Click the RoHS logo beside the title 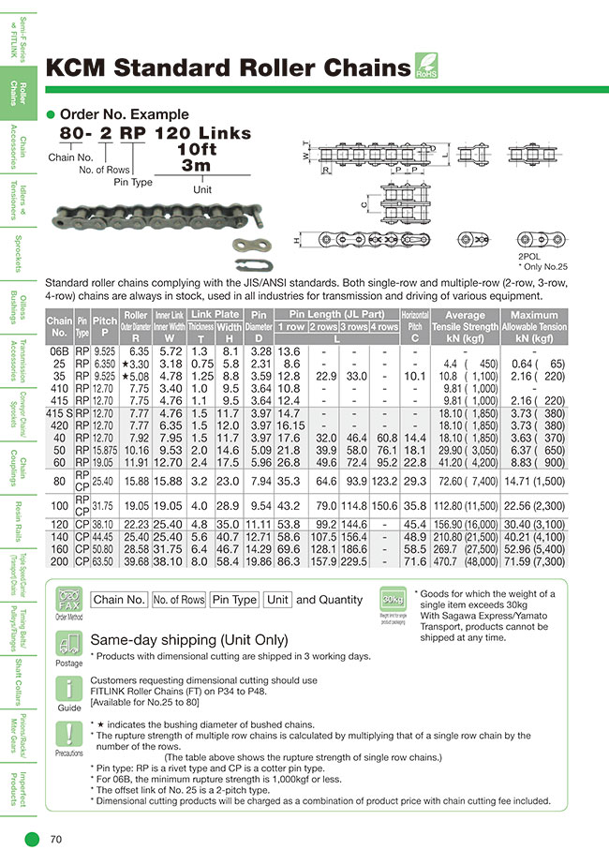click(426, 67)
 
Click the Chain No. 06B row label click(58, 352)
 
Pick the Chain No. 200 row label click(58, 560)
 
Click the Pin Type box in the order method click(233, 600)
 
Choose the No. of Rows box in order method click(179, 600)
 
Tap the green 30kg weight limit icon click(394, 600)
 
